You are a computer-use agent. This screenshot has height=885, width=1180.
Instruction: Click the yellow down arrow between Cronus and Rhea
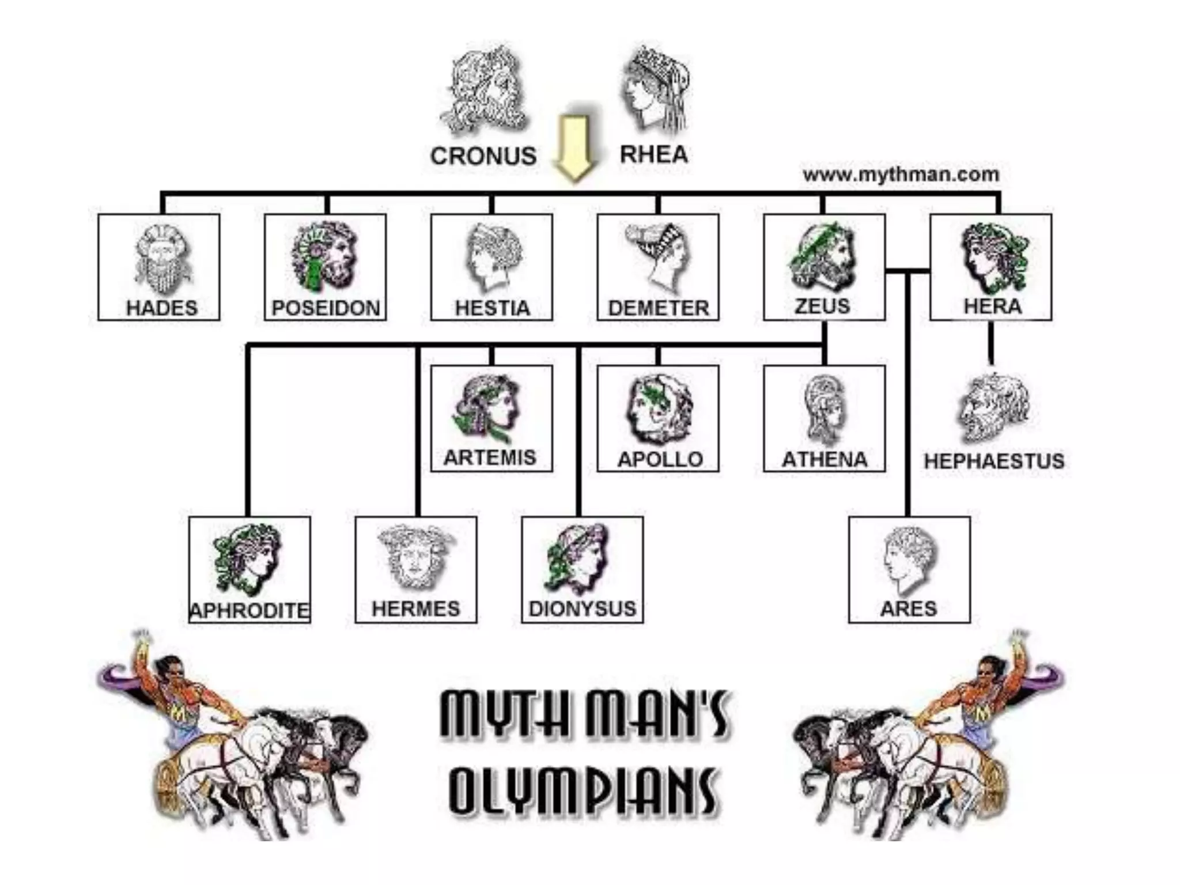tap(573, 147)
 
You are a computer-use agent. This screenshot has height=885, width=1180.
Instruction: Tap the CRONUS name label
tap(483, 156)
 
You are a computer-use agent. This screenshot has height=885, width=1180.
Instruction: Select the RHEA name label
tap(654, 154)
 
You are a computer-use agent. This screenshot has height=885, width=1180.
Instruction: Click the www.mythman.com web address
tap(901, 174)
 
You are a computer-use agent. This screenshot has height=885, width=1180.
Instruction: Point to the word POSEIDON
tap(326, 308)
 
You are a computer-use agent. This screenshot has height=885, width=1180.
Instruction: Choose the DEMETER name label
tap(659, 308)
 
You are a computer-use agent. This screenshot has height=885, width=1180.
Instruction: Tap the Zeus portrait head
tap(823, 257)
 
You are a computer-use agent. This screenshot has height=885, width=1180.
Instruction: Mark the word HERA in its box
tap(992, 307)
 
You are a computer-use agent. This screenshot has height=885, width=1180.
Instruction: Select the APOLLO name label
tap(660, 459)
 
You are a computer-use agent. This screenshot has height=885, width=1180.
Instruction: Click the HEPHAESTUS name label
tap(994, 461)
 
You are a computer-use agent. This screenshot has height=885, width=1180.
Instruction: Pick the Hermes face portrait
tap(416, 557)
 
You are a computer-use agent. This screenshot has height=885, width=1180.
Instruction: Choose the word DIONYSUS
tap(582, 608)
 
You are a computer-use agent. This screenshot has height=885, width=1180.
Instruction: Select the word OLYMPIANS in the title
tap(583, 791)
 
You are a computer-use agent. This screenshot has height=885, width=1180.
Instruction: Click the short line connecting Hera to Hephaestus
tap(991, 343)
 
